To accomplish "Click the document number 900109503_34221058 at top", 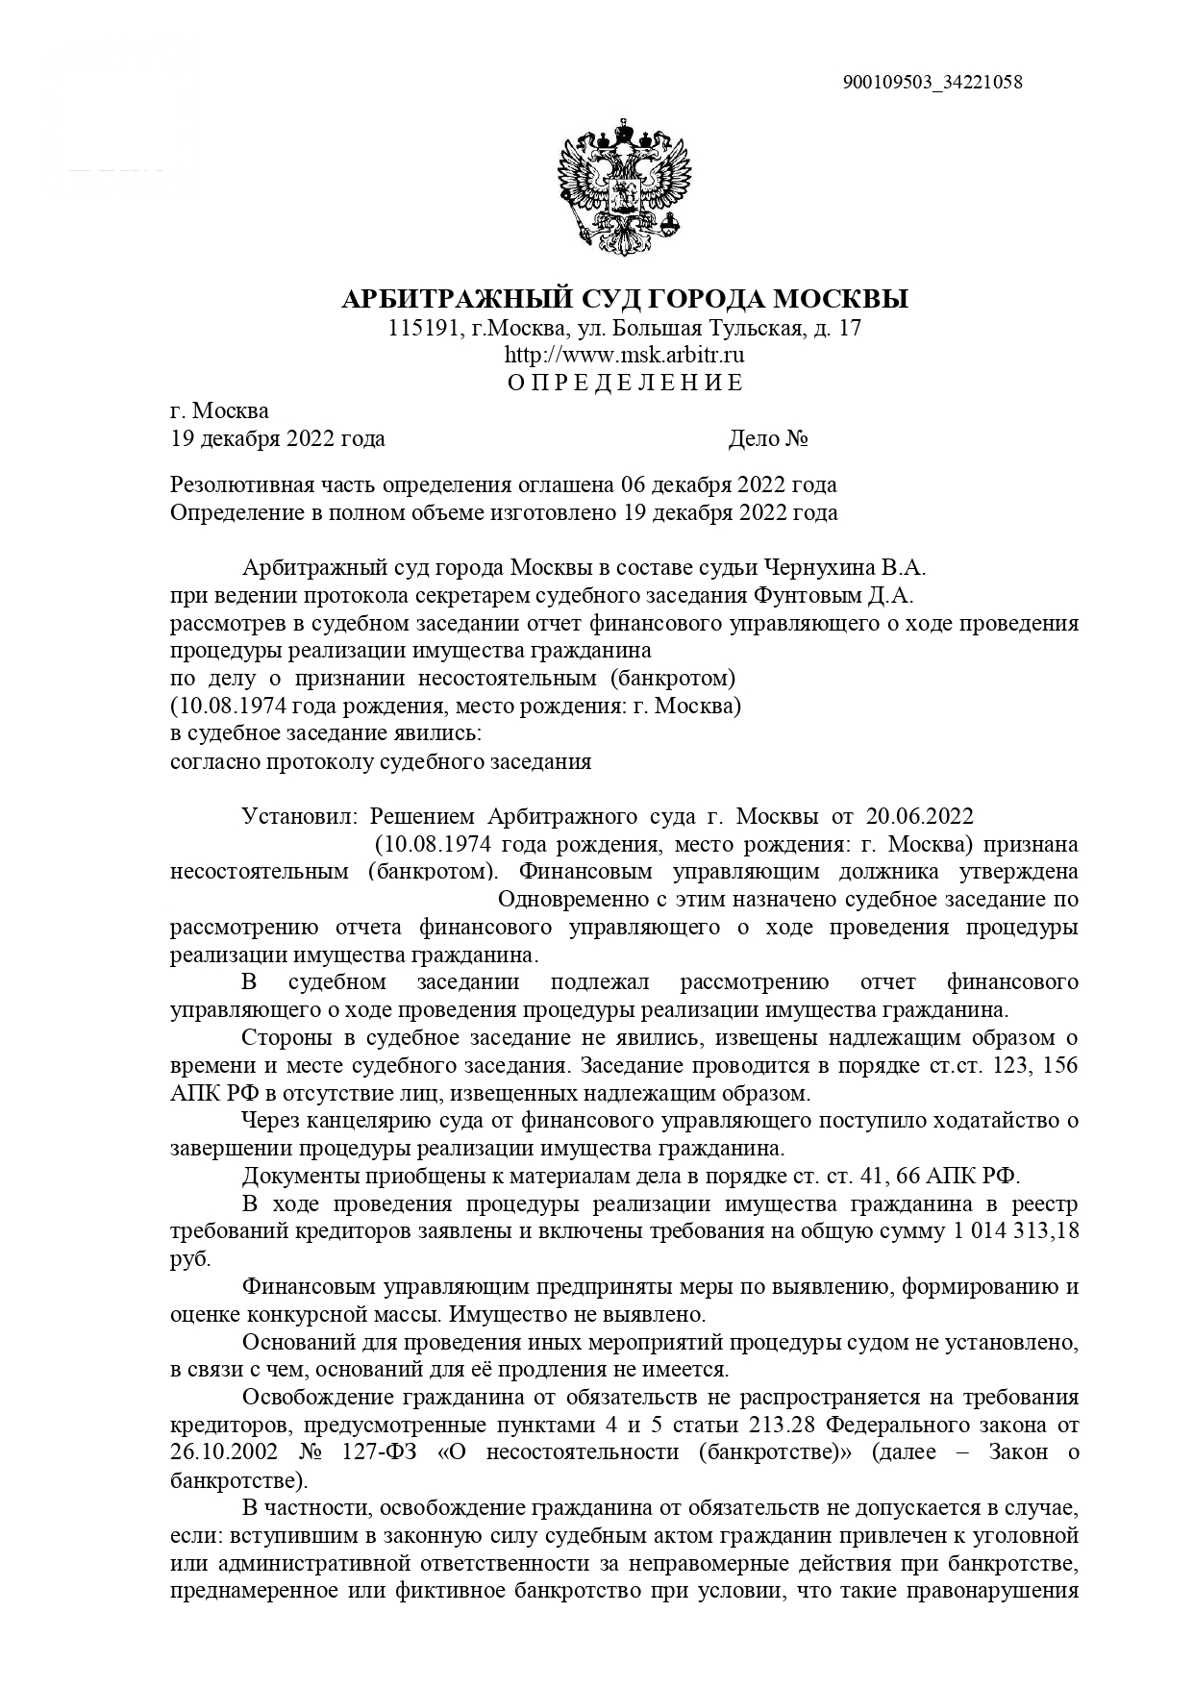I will pyautogui.click(x=932, y=82).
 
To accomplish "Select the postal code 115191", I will pyautogui.click(x=422, y=328).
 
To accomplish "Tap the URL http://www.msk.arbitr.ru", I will pyautogui.click(x=625, y=355).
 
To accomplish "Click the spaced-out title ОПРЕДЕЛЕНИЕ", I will pyautogui.click(x=625, y=383).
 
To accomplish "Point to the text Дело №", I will pyautogui.click(x=767, y=438).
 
